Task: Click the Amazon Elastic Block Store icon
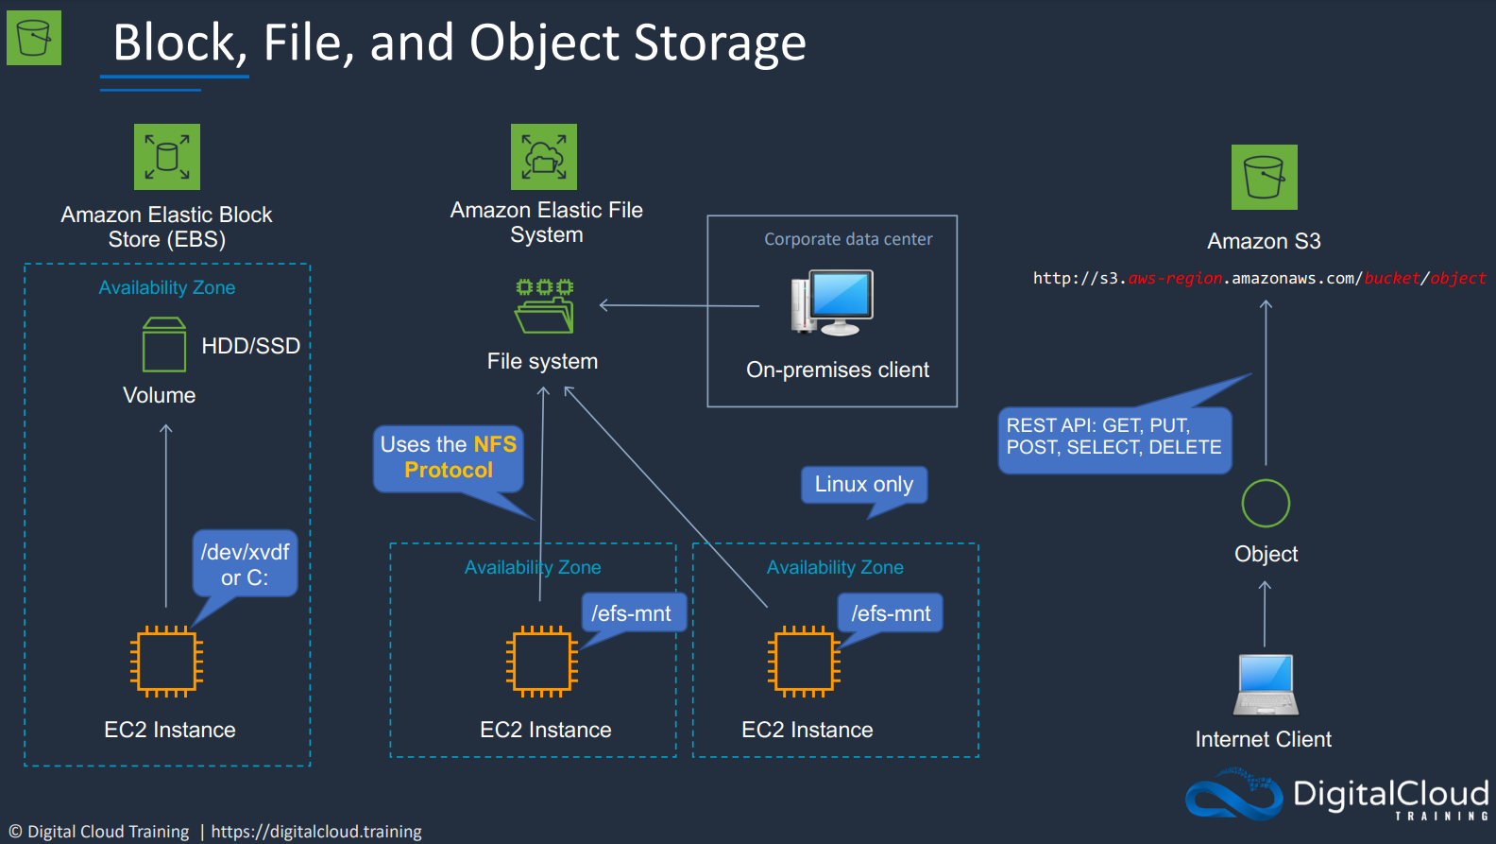pyautogui.click(x=167, y=157)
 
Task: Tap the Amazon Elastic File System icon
pyautogui.click(x=544, y=157)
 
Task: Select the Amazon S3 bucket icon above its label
pyautogui.click(x=1265, y=177)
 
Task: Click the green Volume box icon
pyautogui.click(x=164, y=344)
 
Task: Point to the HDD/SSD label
pyautogui.click(x=250, y=346)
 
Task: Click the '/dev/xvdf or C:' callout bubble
pyautogui.click(x=246, y=563)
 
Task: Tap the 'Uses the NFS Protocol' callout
pyautogui.click(x=448, y=457)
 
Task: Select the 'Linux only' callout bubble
pyautogui.click(x=863, y=484)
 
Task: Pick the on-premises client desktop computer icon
pyautogui.click(x=832, y=302)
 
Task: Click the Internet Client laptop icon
pyautogui.click(x=1266, y=685)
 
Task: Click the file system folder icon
pyautogui.click(x=544, y=306)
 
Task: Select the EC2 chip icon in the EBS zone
pyautogui.click(x=166, y=662)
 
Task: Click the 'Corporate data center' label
pyautogui.click(x=848, y=239)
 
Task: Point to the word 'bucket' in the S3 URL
pyautogui.click(x=1391, y=278)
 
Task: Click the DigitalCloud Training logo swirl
pyautogui.click(x=1234, y=795)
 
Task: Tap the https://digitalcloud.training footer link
pyautogui.click(x=315, y=832)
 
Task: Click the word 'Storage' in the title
pyautogui.click(x=720, y=43)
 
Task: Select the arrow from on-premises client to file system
pyautogui.click(x=679, y=305)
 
